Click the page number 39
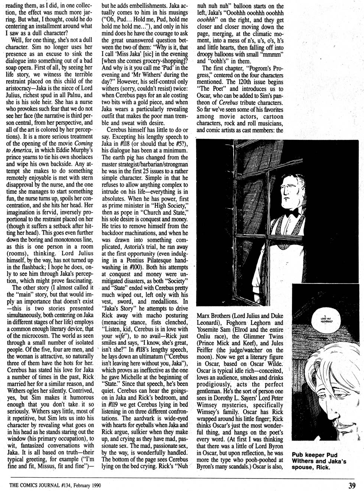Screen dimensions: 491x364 point(352,484)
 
